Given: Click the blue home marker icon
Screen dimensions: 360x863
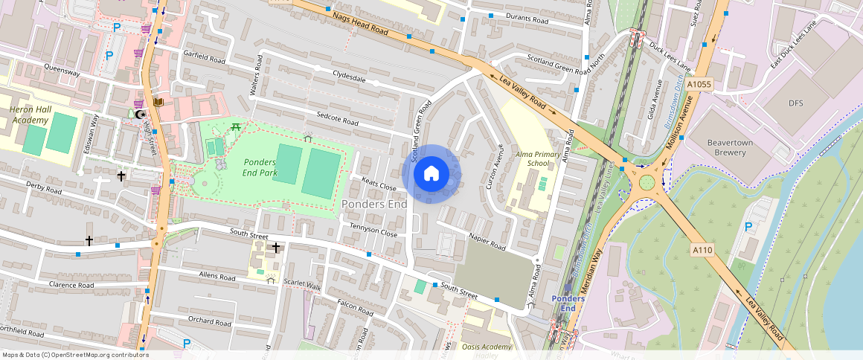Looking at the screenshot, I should (x=431, y=174).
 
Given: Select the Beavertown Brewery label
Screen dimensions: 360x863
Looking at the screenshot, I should (x=730, y=147).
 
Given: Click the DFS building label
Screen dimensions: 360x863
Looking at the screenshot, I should (x=797, y=103).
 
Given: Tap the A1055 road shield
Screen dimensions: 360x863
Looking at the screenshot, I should (x=699, y=85).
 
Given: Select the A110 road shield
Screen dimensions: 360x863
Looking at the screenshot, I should (x=702, y=250).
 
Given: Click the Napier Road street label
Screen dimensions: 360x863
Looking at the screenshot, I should (x=488, y=242).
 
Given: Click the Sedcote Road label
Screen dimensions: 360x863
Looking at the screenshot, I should (x=337, y=118).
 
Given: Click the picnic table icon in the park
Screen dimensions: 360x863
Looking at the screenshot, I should (x=236, y=127).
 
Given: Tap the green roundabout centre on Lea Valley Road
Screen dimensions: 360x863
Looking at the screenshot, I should (x=647, y=181).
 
